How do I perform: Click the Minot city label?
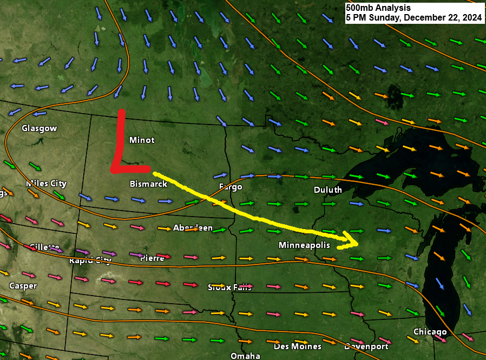tap(142, 140)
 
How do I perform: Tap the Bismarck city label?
tap(148, 184)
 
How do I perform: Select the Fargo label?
tap(231, 187)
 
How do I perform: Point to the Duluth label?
tap(327, 190)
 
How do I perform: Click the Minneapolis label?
tap(304, 245)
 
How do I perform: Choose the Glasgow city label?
tap(39, 128)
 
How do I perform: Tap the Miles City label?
tap(46, 184)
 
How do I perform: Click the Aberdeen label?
tap(193, 228)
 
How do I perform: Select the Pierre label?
tap(152, 258)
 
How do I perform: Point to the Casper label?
tap(23, 285)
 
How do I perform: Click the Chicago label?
tap(430, 331)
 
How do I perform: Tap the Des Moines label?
tap(298, 346)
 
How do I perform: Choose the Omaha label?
tap(245, 356)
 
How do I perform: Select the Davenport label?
tap(366, 346)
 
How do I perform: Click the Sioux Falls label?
tap(229, 287)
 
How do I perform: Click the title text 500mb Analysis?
tap(378, 8)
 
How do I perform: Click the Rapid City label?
tap(90, 260)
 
